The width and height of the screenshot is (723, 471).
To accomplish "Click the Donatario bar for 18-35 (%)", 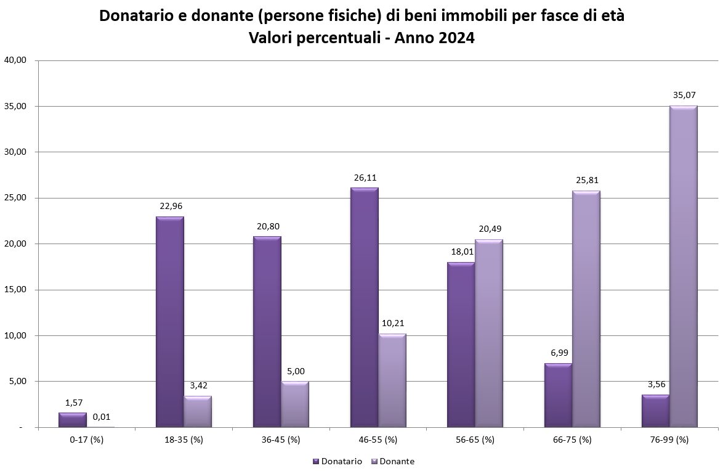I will point(170,322).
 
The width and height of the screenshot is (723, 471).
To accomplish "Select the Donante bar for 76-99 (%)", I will point(683,266).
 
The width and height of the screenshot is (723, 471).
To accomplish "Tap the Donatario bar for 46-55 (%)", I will point(365,307).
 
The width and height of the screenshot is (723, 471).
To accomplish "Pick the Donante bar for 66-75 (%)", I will point(586,309).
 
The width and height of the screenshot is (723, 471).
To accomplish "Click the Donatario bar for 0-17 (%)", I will point(73,420).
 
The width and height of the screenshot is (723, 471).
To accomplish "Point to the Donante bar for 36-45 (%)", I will point(295,404).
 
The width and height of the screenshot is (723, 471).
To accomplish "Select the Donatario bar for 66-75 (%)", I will point(559,395).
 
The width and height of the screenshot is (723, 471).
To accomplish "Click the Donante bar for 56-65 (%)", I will point(489,333).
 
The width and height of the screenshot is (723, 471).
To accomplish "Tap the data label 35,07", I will point(684,96).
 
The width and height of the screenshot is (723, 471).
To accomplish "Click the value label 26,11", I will point(365,178).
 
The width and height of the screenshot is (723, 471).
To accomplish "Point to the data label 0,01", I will point(102,417).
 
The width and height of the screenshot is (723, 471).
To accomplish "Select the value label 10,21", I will point(392,323).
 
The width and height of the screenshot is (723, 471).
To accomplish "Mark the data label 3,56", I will point(656,384).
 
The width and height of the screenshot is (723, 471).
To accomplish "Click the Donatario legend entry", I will point(337,461).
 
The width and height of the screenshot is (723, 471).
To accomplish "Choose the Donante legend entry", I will point(392,461).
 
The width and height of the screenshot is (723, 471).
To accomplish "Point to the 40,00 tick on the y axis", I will point(14,60).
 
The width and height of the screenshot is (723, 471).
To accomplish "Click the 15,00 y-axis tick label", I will point(14,290).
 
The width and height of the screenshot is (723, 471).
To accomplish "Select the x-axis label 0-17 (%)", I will point(86,440).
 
